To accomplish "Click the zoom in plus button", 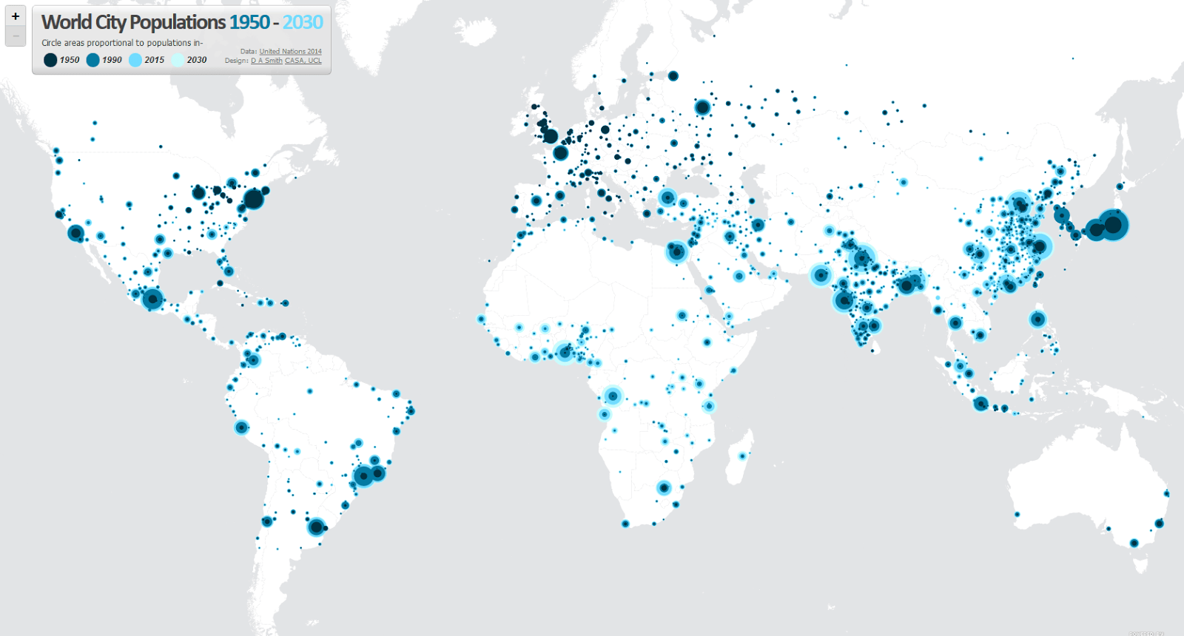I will click(x=16, y=16).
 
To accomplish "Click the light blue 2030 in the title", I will click(x=303, y=22).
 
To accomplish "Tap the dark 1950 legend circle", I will click(x=50, y=60).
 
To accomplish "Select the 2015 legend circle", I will click(x=135, y=60).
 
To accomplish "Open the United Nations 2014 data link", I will click(x=290, y=52).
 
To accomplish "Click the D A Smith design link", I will click(x=266, y=61).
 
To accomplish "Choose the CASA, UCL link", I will click(x=303, y=61).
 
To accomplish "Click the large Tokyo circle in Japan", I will click(x=1112, y=224).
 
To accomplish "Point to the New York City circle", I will click(x=254, y=198).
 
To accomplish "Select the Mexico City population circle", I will click(x=152, y=299).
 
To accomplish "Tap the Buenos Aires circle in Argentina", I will click(x=316, y=527).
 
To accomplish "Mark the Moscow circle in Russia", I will click(x=702, y=107).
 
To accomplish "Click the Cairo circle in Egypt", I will click(x=676, y=251).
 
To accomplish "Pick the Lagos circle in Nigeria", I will click(x=565, y=352).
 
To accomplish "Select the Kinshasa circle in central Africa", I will click(x=613, y=396).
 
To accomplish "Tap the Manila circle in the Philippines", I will click(x=1037, y=319).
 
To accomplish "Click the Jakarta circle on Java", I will click(x=980, y=403).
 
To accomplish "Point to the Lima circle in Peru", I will click(x=241, y=427).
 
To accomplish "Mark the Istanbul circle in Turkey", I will click(x=667, y=197).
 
